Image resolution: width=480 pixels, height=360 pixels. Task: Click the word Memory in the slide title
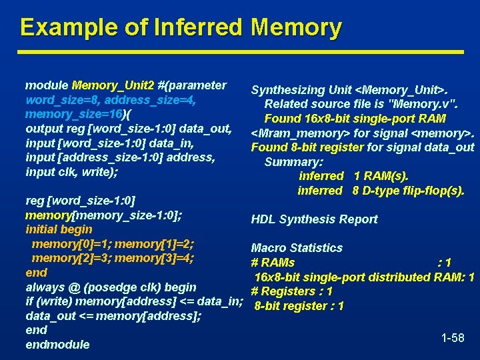(x=296, y=27)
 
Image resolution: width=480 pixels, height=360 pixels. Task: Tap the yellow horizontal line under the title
(x=241, y=51)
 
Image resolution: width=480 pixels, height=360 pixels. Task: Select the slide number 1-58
(x=453, y=338)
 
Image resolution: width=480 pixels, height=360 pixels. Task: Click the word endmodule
(x=57, y=345)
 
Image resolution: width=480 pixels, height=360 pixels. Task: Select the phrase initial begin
(x=59, y=229)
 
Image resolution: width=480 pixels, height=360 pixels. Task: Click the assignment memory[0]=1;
(x=71, y=243)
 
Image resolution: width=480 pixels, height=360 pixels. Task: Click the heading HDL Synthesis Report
(x=314, y=219)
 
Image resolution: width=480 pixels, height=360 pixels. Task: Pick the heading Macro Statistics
(x=297, y=248)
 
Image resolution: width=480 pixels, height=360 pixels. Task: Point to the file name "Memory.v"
(x=423, y=104)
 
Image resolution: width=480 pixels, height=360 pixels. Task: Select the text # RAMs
(x=273, y=263)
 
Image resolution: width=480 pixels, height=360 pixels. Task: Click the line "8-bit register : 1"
(x=299, y=306)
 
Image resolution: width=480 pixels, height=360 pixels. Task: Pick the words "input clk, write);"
(x=71, y=172)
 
